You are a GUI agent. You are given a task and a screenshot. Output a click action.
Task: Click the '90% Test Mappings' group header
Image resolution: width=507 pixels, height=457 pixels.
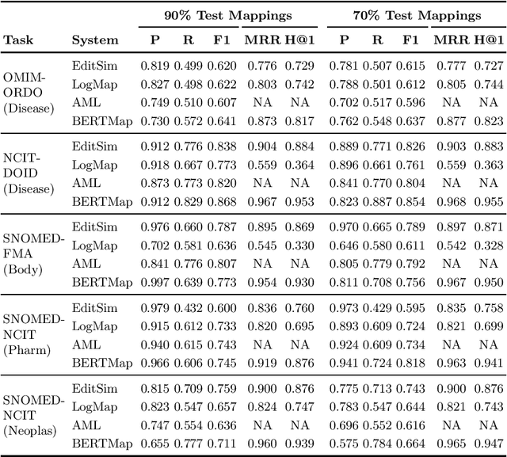[228, 15]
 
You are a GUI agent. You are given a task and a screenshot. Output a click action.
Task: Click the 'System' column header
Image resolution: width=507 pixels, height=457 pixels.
[95, 40]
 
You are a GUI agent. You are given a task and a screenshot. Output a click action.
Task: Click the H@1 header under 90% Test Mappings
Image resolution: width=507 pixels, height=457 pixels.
[301, 40]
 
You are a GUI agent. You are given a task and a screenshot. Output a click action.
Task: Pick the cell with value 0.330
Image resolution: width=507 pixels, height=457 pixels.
[301, 246]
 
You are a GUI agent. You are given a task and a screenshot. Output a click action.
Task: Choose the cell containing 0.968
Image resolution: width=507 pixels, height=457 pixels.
[451, 201]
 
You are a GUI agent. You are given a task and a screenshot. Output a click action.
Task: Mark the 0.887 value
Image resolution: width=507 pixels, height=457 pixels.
[377, 201]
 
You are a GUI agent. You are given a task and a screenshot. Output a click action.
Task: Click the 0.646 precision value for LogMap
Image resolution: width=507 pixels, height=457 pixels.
[344, 246]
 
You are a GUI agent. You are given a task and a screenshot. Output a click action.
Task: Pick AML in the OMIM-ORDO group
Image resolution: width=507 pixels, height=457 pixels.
[86, 102]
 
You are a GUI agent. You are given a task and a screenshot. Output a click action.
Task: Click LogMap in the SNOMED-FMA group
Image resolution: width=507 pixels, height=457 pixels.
[95, 246]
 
